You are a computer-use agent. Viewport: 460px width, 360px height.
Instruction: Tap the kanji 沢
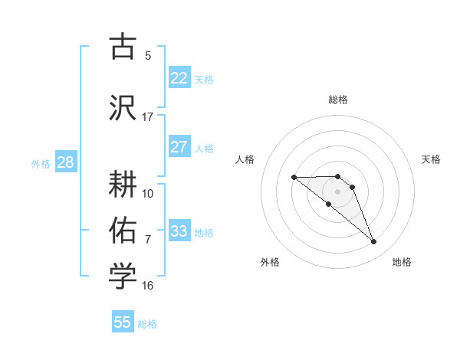click(123, 107)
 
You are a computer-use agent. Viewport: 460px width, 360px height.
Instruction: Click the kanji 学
click(123, 277)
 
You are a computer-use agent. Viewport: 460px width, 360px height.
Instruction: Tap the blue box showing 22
click(179, 78)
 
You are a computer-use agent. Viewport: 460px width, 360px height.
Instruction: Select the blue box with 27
click(179, 147)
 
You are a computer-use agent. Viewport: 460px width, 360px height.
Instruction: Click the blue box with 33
click(179, 231)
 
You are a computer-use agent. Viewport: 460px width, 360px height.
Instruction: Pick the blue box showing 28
click(64, 162)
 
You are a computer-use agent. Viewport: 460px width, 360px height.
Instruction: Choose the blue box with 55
click(123, 322)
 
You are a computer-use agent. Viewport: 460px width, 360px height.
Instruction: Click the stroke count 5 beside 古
click(147, 56)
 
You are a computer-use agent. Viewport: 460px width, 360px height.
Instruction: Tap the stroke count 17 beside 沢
click(147, 116)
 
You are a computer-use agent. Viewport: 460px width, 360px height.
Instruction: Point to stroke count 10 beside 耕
click(148, 193)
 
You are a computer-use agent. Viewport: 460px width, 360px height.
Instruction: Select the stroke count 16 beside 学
click(147, 286)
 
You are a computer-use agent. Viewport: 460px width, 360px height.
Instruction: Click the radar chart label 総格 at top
click(337, 100)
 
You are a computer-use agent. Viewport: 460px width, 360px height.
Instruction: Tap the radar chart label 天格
click(431, 159)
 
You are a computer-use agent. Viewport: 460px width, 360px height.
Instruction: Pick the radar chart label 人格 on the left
click(245, 159)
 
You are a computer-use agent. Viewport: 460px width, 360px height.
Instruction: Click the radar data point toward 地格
click(373, 242)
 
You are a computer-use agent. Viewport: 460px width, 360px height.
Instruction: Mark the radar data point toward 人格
click(294, 177)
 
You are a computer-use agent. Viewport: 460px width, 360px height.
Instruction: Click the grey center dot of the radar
click(337, 191)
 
